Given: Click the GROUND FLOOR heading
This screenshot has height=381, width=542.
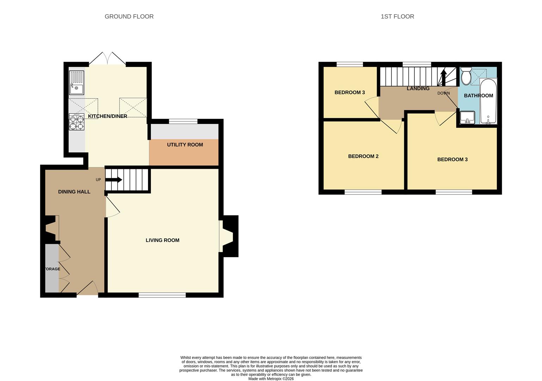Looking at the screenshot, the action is [x=129, y=17].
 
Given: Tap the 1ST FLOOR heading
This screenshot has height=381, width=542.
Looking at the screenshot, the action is [x=397, y=17].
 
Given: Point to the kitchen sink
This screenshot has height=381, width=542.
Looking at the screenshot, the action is [x=76, y=83].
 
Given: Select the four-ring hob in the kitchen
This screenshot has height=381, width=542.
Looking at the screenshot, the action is [x=76, y=122].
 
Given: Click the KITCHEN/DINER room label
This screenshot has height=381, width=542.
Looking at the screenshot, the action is [x=107, y=116].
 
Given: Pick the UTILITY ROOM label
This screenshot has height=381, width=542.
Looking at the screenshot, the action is [x=185, y=145].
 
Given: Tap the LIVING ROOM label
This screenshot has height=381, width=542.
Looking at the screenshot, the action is [x=162, y=240].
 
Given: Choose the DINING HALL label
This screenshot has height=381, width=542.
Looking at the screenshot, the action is [x=74, y=192].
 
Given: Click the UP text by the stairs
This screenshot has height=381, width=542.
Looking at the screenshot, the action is [x=98, y=180].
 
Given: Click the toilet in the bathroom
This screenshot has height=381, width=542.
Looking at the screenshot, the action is [x=466, y=76].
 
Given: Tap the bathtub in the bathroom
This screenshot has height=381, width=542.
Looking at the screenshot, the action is [x=488, y=101].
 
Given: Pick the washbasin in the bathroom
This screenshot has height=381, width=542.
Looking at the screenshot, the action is [x=467, y=117].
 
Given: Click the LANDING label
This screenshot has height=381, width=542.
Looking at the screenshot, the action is [x=418, y=89].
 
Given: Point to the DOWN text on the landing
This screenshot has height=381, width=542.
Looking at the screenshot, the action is [x=444, y=93].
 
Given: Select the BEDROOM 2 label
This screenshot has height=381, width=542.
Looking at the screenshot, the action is [x=363, y=157].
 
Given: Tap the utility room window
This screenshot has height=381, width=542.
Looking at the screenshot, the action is [x=183, y=121].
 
